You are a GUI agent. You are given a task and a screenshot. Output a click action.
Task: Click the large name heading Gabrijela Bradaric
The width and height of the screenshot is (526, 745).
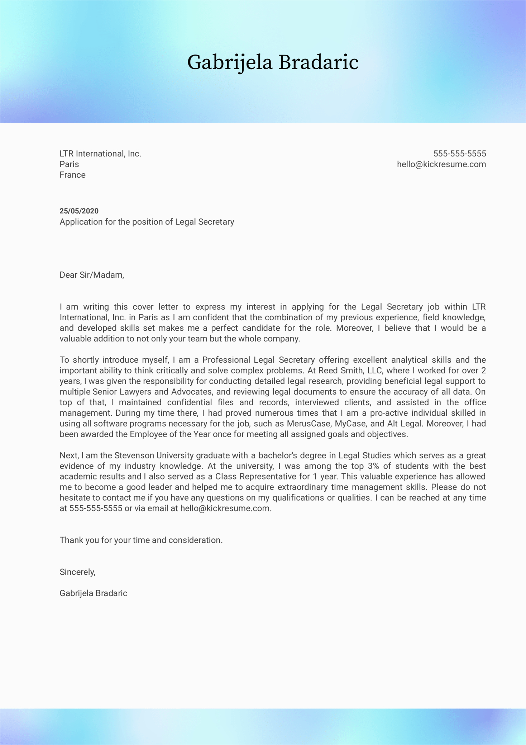pyautogui.click(x=273, y=62)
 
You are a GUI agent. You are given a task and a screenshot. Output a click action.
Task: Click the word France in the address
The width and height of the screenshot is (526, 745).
pyautogui.click(x=72, y=175)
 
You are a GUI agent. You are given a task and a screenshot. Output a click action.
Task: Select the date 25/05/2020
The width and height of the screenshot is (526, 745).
pyautogui.click(x=79, y=211)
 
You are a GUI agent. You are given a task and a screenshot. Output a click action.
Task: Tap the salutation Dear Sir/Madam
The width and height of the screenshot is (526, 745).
pyautogui.click(x=92, y=275)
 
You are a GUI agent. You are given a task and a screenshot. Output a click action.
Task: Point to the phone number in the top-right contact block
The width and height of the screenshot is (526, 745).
pyautogui.click(x=459, y=154)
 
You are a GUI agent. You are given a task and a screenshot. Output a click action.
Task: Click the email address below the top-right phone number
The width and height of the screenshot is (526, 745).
pyautogui.click(x=441, y=164)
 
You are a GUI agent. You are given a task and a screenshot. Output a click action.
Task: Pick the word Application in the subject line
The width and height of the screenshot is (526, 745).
pyautogui.click(x=81, y=222)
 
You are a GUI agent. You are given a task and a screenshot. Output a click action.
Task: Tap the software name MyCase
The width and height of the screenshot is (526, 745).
pyautogui.click(x=350, y=424)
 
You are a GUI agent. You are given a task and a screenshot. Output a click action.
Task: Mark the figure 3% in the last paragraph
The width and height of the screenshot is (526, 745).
pyautogui.click(x=373, y=466)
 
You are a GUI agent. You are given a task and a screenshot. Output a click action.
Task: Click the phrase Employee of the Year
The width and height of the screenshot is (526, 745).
pyautogui.click(x=170, y=434)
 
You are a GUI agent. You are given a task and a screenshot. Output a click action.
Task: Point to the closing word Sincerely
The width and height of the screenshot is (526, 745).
pyautogui.click(x=77, y=572)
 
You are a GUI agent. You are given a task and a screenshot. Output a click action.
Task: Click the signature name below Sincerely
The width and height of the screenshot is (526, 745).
pyautogui.click(x=93, y=593)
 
